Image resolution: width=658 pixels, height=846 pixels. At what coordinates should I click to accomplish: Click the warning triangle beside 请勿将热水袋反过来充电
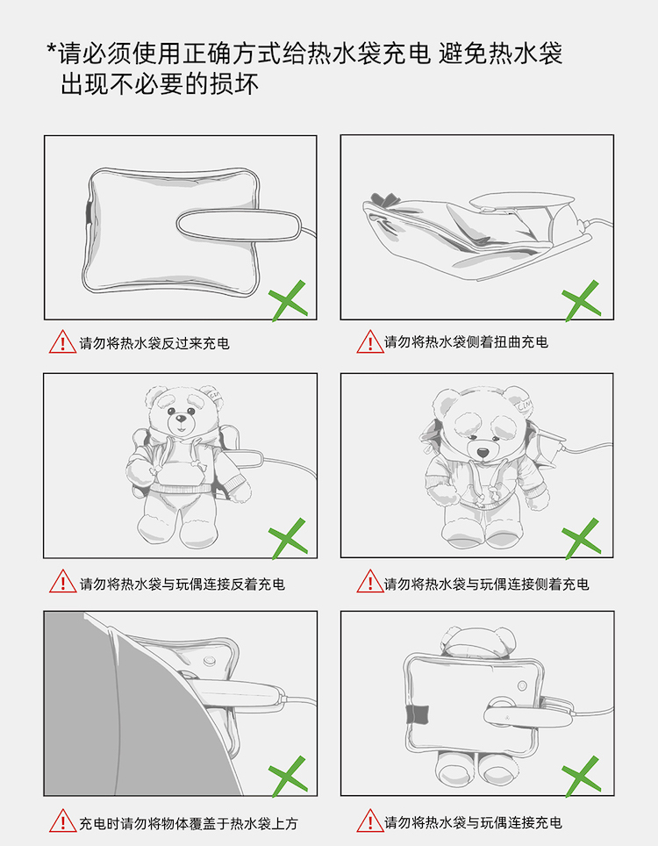tap(62, 342)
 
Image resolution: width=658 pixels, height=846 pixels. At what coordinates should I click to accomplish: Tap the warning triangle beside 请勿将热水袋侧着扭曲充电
tap(370, 342)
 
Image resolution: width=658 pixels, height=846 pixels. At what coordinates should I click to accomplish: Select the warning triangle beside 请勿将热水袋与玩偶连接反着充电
tap(62, 582)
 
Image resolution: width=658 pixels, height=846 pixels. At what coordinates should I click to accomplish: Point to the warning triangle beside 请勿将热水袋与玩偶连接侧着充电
tap(370, 582)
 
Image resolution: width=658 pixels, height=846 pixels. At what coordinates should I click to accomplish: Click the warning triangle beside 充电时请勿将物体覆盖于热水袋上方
tap(62, 821)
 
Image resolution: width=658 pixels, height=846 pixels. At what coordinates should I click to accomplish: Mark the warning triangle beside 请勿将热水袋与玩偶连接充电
tap(370, 821)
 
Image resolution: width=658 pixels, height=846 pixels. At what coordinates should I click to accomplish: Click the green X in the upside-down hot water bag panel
tap(289, 300)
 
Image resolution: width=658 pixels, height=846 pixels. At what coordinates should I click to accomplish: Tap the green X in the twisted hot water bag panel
tap(582, 300)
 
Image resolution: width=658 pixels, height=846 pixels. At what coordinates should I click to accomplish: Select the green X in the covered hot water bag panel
tap(289, 777)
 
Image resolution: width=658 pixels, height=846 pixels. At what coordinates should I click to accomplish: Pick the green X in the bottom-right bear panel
tap(582, 777)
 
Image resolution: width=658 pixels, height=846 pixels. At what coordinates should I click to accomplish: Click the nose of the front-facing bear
tap(182, 417)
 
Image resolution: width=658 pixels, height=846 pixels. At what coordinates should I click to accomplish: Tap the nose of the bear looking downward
tap(483, 452)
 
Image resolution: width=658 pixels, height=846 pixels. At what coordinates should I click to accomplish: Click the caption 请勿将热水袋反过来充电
tap(154, 343)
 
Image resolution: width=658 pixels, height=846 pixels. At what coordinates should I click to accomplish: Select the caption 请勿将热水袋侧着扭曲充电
tap(466, 342)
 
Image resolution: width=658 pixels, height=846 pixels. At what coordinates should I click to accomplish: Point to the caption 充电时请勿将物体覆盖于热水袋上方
tap(189, 824)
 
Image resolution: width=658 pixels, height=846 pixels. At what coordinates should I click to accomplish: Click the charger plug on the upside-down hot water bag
tap(239, 224)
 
